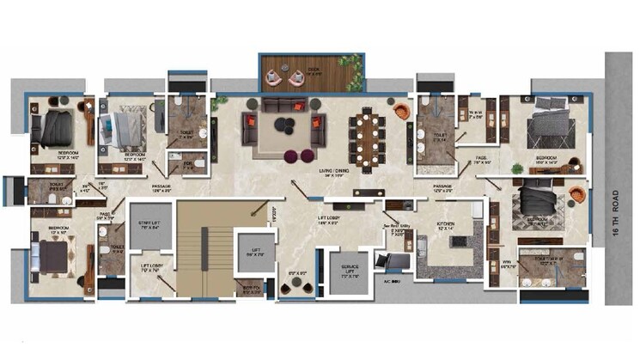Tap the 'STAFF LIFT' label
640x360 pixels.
click(x=150, y=225)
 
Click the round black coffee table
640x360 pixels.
click(x=283, y=125)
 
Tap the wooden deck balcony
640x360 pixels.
click(x=311, y=74)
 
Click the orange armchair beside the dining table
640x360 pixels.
click(x=402, y=111)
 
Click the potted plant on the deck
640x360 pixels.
click(x=350, y=63)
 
